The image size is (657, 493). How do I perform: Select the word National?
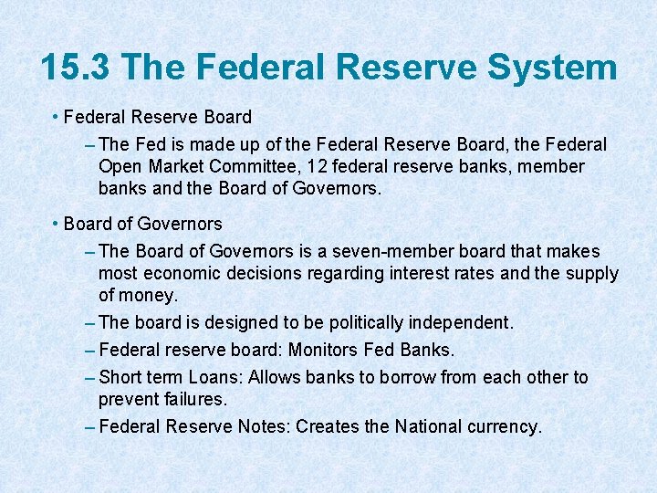click(429, 426)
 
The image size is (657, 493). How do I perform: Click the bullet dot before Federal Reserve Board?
click(57, 117)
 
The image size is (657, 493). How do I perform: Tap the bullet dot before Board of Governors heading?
click(57, 224)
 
